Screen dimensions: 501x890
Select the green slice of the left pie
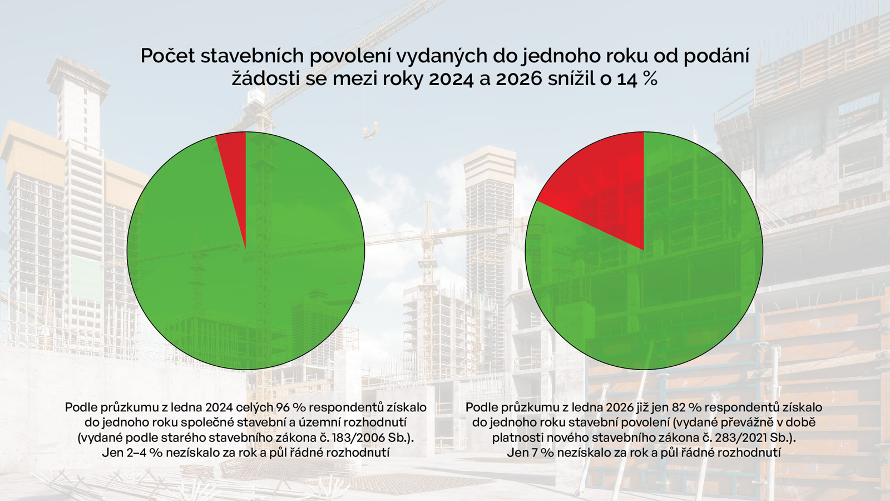(x=245, y=289)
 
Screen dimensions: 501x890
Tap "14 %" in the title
(x=637, y=79)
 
